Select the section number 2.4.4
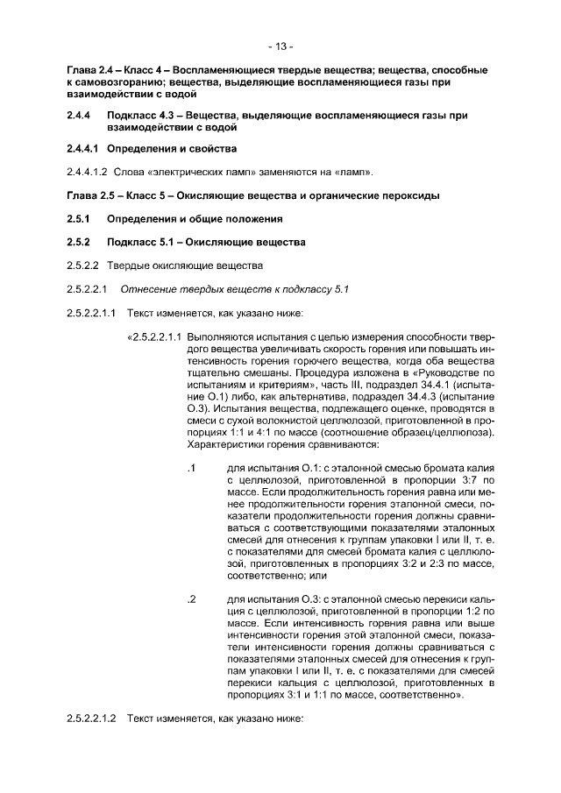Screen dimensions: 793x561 click(x=80, y=115)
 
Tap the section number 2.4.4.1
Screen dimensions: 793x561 click(x=84, y=148)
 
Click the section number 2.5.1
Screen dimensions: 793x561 click(x=80, y=218)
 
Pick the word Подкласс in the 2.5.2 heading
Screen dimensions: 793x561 click(x=132, y=241)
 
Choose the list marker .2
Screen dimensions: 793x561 click(x=190, y=600)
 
